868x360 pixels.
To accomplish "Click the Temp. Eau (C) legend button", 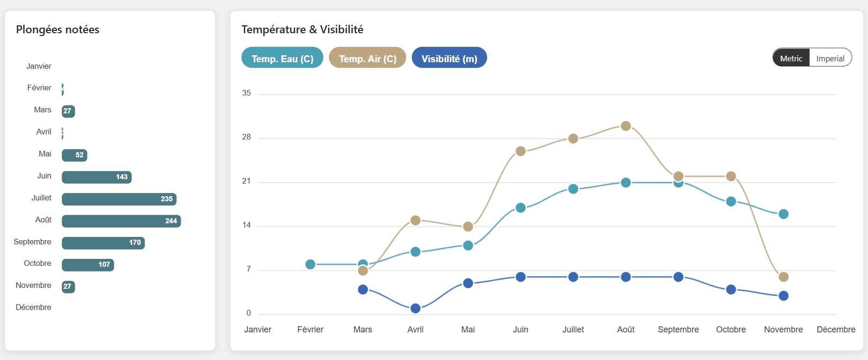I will click(282, 58).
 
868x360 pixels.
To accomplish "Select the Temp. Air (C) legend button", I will click(367, 58).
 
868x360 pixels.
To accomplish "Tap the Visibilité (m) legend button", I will click(449, 58).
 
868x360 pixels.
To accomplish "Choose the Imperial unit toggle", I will click(830, 58).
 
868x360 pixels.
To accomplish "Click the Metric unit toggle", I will click(791, 58).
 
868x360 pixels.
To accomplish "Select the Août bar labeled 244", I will click(121, 221).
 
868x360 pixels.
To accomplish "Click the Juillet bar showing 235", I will click(119, 199).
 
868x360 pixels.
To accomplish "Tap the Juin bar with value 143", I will click(96, 177).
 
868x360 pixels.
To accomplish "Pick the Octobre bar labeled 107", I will click(88, 264).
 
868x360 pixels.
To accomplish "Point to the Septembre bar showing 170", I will click(103, 242).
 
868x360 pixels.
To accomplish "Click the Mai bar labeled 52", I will click(74, 155).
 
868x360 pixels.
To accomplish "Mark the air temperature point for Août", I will click(626, 126).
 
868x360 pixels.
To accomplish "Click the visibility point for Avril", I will click(415, 308).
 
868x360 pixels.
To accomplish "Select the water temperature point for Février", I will click(310, 264).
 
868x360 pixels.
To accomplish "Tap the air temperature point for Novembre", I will click(783, 277).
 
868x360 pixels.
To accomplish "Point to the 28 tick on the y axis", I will click(246, 137).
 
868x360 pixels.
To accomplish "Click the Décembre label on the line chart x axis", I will click(836, 330).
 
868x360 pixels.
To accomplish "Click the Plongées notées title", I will click(58, 29).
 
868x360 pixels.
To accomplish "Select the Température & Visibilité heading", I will click(302, 29).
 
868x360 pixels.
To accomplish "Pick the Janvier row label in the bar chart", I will click(39, 66).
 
